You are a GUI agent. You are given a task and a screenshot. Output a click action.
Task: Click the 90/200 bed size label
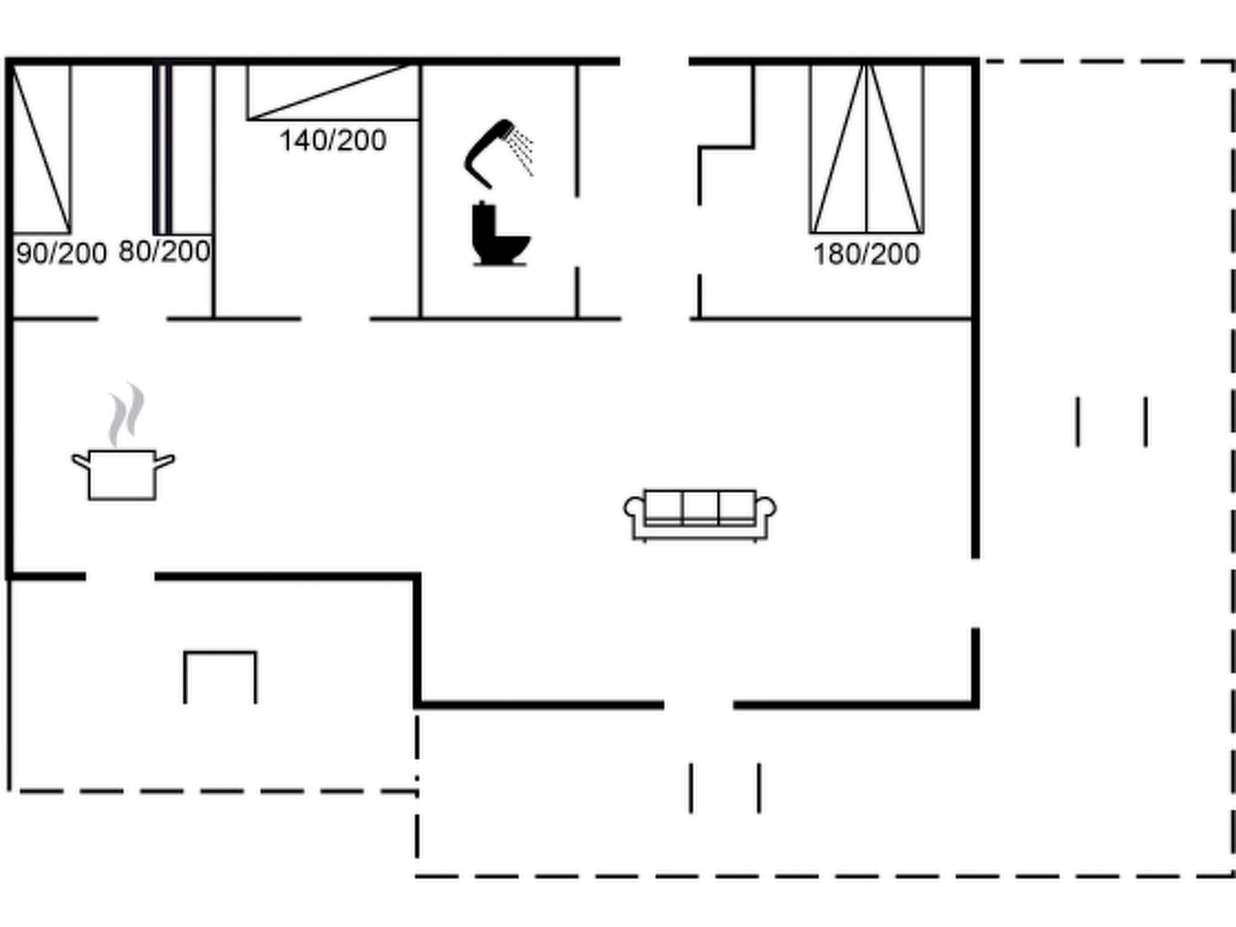[x=61, y=253]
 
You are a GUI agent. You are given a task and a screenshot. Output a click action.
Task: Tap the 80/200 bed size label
[x=164, y=251]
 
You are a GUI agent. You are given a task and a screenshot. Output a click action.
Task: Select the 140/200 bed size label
[x=333, y=141]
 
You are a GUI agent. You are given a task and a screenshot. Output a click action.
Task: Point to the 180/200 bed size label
[x=866, y=254]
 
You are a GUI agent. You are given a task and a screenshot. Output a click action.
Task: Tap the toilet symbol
[x=499, y=235]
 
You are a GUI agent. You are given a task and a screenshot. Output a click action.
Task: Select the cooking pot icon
[x=123, y=474]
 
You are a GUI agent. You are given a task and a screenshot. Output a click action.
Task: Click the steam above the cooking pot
[x=127, y=413]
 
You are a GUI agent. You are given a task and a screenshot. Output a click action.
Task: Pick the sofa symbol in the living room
[x=700, y=514]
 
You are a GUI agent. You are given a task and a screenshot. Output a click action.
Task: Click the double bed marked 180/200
[x=866, y=148]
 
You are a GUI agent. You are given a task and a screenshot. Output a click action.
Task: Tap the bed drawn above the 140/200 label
[x=333, y=92]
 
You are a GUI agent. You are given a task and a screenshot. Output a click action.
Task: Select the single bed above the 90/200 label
[x=41, y=148]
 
